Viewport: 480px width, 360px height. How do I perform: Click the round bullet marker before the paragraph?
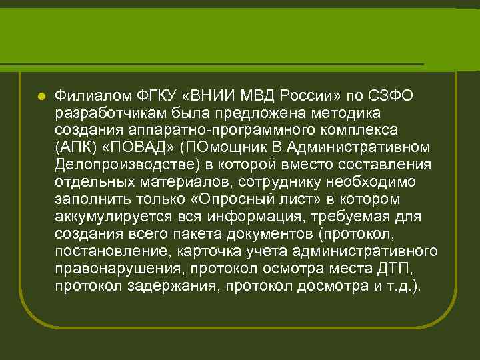(41, 96)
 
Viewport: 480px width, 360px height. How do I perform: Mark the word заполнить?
(89, 199)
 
